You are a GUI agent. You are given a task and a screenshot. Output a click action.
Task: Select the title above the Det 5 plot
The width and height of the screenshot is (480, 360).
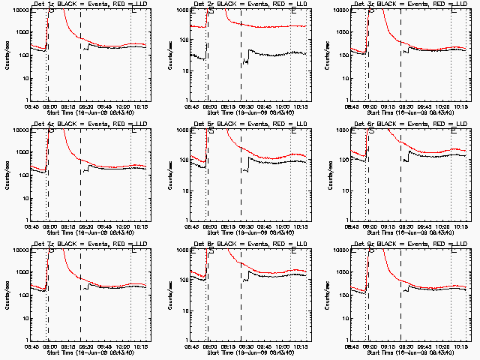point(249,124)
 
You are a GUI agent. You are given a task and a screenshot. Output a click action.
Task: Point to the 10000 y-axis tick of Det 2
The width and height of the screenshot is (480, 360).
point(178,10)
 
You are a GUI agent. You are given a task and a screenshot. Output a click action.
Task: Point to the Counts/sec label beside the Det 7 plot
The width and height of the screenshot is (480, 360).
point(7,295)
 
